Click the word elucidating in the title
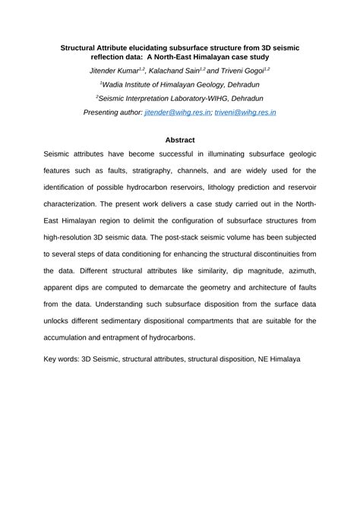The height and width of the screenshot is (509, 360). click(x=154, y=46)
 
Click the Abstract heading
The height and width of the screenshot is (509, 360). click(x=180, y=140)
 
